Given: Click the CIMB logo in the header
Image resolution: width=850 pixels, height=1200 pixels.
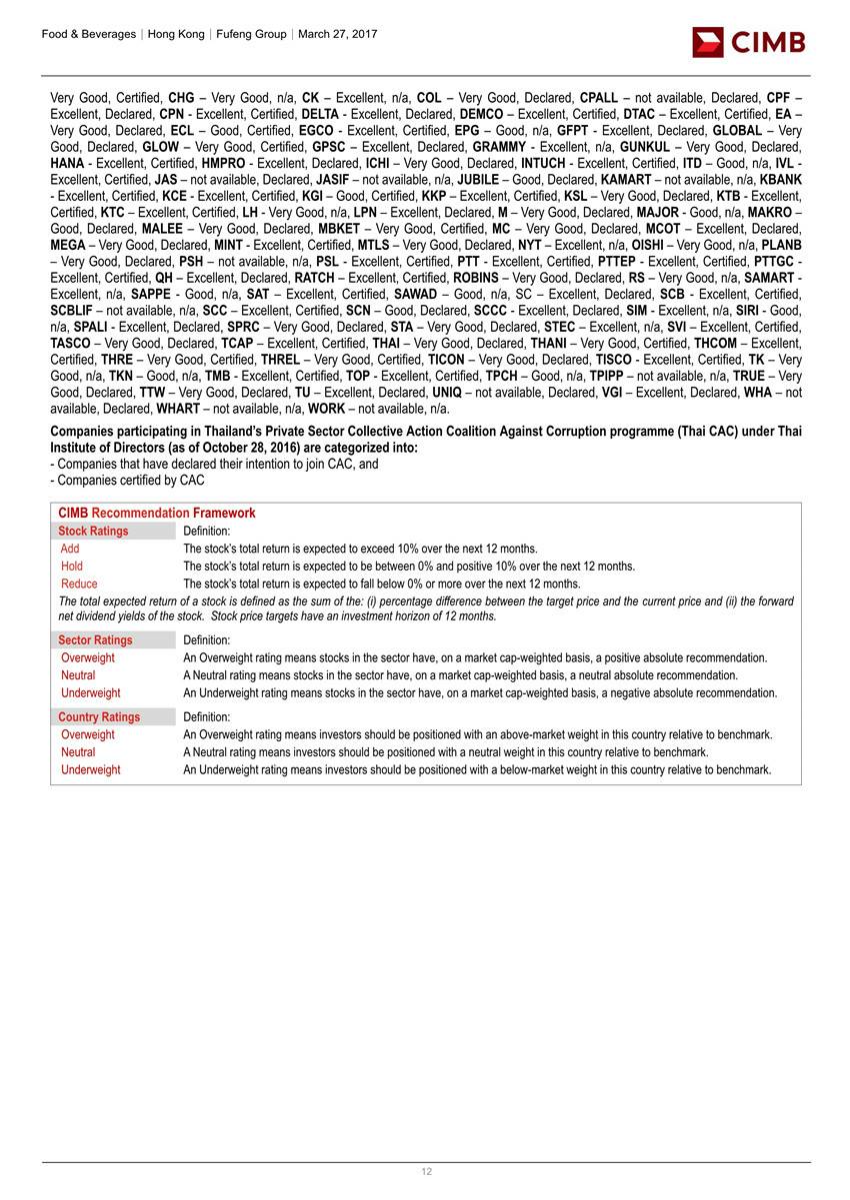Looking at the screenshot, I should coord(748,42).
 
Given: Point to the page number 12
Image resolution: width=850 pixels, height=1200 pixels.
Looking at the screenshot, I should coord(426,1172).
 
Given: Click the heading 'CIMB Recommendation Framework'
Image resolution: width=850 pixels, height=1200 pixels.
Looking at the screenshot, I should coord(156,513).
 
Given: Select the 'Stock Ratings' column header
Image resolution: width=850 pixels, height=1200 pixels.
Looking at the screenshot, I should coord(93,531).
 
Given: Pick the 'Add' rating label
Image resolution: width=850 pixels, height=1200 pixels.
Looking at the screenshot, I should coord(70,549).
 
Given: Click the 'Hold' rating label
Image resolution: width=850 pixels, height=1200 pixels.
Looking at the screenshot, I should coord(72,566).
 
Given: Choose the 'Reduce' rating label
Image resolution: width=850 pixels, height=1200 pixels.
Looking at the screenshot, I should coord(79,584).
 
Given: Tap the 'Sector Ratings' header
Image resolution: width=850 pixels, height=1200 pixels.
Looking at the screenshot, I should coord(95,639).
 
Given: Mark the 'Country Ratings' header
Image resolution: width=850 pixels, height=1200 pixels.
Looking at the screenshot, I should coord(99,716).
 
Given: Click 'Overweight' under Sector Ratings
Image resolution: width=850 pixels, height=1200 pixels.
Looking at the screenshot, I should coord(88,657).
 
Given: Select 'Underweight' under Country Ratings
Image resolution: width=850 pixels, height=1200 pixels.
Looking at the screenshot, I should coord(90,769).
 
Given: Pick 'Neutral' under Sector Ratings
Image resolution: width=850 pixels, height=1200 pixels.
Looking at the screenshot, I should coord(78,675).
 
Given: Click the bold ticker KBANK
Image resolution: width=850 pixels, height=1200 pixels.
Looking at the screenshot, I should coord(781,180).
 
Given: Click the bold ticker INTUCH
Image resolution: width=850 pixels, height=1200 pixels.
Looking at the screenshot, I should coord(543,164).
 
